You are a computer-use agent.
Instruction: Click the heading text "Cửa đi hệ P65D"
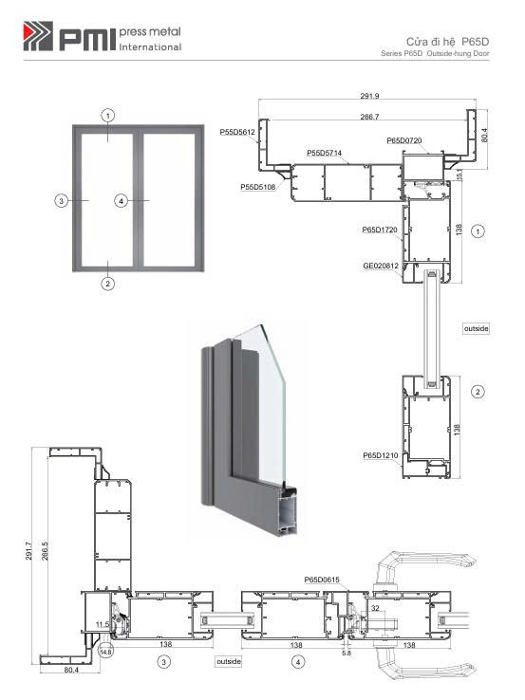point(447,42)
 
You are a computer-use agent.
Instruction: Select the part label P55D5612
point(237,132)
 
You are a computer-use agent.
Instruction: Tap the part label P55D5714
point(324,153)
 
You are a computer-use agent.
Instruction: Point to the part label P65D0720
point(403,140)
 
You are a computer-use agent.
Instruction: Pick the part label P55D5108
point(258,187)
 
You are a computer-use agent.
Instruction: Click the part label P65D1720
point(380,230)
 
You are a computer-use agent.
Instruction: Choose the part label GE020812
point(381,267)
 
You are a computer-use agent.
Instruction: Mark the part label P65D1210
point(381,455)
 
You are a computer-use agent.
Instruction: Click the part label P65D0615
point(322,580)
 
